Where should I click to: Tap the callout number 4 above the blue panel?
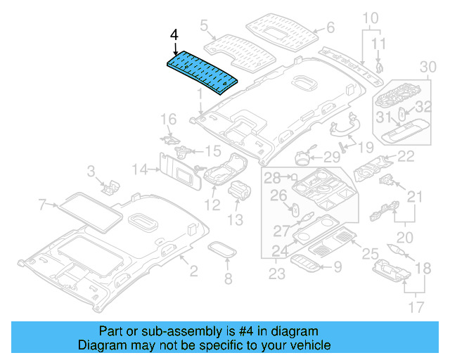pyautogui.click(x=174, y=33)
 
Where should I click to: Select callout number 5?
pyautogui.click(x=205, y=26)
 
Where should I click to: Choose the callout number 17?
pyautogui.click(x=417, y=307)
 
